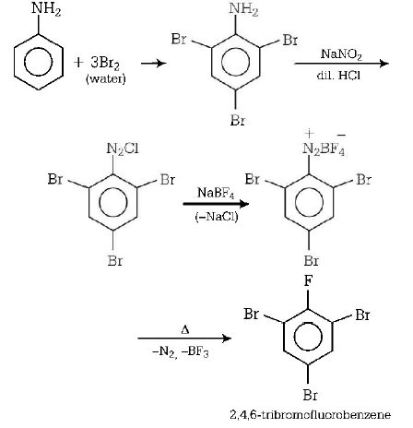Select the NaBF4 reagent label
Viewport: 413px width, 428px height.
215,191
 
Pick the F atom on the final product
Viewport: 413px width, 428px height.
304,283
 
